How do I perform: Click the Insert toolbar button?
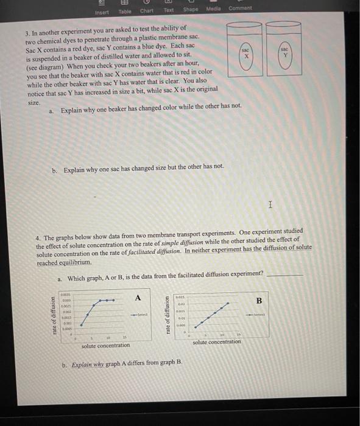click(x=103, y=11)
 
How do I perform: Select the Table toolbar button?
click(x=124, y=11)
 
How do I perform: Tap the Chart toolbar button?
click(x=147, y=10)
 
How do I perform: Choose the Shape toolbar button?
click(x=191, y=10)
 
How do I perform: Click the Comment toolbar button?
click(x=239, y=8)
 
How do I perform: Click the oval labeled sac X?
click(x=246, y=52)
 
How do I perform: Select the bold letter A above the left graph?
click(x=138, y=297)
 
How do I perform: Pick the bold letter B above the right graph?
click(x=258, y=300)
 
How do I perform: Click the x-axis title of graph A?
click(x=105, y=345)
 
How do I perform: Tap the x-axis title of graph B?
click(x=217, y=342)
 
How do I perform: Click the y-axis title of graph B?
click(x=168, y=315)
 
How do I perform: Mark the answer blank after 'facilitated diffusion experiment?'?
click(x=284, y=275)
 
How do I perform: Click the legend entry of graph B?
click(x=258, y=314)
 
